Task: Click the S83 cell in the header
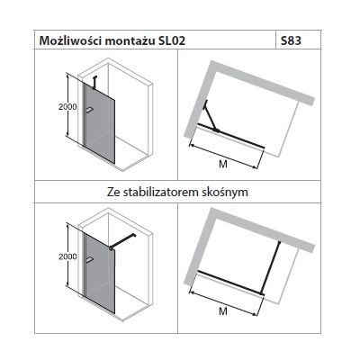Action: [x=292, y=42]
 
